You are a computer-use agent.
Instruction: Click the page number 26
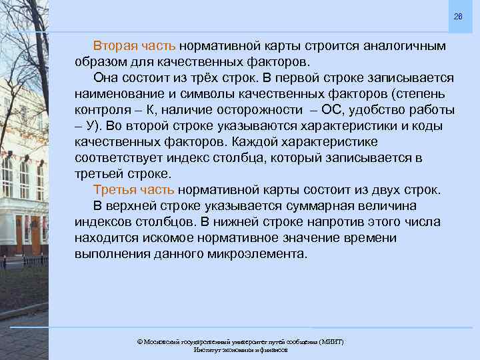457,16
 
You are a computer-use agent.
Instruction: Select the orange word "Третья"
115,190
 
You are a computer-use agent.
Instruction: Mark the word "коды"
431,126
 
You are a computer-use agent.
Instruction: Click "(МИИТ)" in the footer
331,341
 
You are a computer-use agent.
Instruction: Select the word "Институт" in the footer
207,349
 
